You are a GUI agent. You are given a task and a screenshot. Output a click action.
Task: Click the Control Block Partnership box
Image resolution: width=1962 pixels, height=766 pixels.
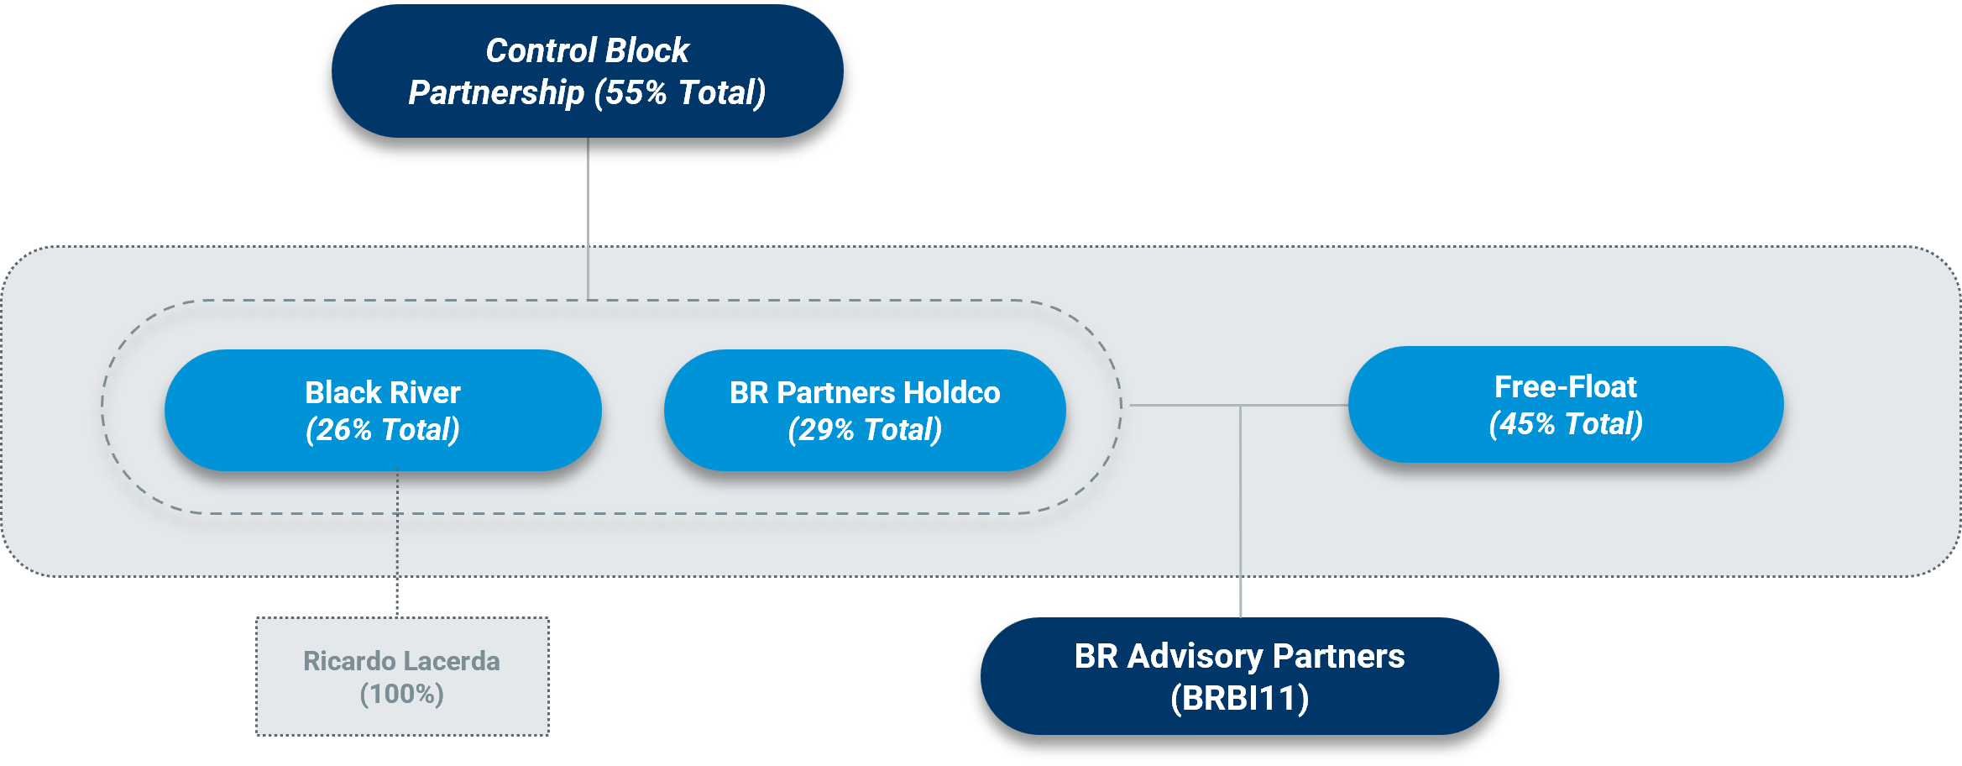[588, 71]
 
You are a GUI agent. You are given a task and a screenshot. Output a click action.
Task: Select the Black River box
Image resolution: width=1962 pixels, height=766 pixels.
[383, 410]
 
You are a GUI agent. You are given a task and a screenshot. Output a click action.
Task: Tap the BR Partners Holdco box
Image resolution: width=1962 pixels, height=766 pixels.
[865, 410]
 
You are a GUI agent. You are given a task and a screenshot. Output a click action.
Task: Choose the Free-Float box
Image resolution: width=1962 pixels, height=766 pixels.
[1566, 404]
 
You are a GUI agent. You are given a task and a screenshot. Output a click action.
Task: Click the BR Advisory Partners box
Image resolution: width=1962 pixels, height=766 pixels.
[1239, 676]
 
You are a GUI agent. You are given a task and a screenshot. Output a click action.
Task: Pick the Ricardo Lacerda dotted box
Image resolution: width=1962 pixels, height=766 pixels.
[402, 677]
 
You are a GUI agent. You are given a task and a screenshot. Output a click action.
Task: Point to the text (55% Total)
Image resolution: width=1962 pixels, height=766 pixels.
[680, 92]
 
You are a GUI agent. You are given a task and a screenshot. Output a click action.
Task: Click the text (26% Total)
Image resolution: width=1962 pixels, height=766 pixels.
[383, 430]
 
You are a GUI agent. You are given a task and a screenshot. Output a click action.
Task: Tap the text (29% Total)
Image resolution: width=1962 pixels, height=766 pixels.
[865, 430]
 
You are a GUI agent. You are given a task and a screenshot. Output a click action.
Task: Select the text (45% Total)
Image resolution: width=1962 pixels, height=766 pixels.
[1566, 424]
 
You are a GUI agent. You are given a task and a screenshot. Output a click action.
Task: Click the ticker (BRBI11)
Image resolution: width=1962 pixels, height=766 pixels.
[1240, 698]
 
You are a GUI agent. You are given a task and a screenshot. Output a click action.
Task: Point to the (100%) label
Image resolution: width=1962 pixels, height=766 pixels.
[402, 694]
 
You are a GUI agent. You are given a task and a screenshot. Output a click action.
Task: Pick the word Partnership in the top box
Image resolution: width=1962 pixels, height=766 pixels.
[496, 92]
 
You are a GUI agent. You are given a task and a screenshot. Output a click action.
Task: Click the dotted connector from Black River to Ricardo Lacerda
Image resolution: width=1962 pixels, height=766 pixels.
[397, 544]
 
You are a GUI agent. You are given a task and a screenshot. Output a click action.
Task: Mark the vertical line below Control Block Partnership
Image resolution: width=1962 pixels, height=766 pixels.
[588, 218]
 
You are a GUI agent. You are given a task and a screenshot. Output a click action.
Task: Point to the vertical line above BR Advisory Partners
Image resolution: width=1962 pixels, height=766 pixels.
[1240, 512]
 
